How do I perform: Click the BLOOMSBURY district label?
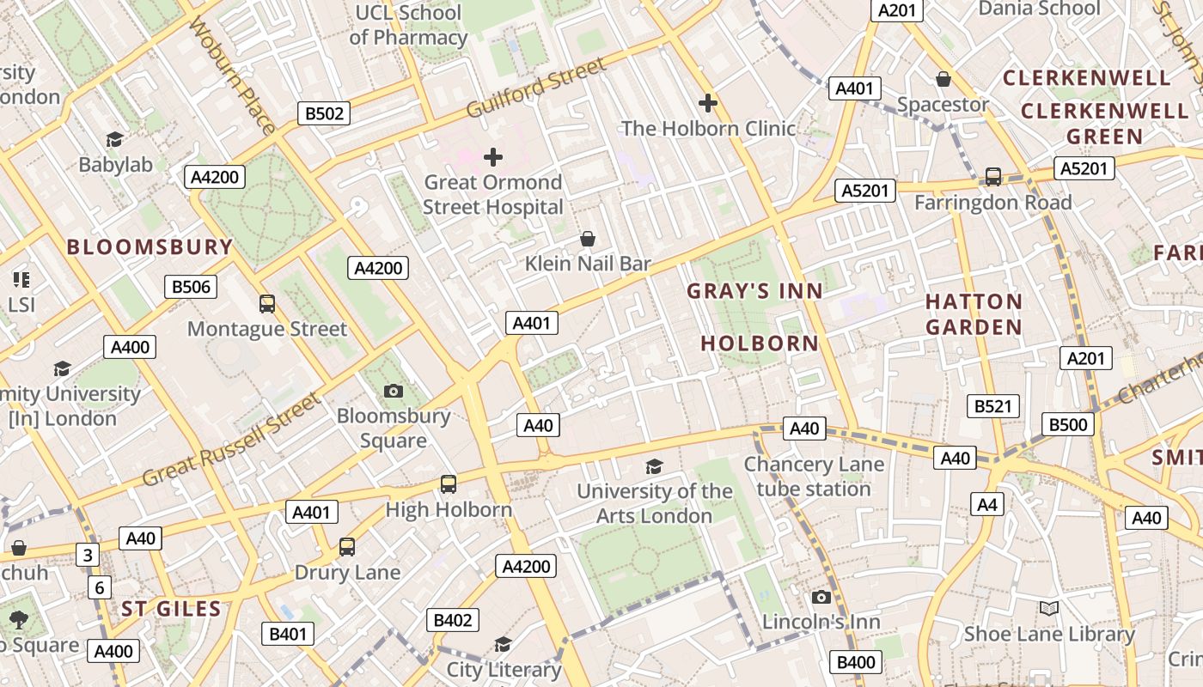pos(150,247)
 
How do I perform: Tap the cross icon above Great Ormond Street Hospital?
pos(493,157)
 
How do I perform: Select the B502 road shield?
pos(324,113)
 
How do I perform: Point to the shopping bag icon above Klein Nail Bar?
pos(588,238)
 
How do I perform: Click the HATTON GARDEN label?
pos(974,314)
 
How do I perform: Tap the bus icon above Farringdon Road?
pos(993,177)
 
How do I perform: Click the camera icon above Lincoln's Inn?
pos(821,597)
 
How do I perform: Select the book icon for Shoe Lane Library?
pos(1048,609)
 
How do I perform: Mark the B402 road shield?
pos(453,620)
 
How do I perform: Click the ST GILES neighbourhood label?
pos(171,610)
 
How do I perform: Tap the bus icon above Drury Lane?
pos(347,547)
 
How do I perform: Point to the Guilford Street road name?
pos(536,88)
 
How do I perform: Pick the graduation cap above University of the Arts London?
pos(655,466)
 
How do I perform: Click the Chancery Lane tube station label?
pos(813,477)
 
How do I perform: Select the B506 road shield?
pos(191,287)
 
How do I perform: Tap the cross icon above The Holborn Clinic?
pos(708,104)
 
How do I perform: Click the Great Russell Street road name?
pos(232,439)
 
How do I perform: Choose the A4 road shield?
pos(987,504)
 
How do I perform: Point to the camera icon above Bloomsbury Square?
pos(394,392)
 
